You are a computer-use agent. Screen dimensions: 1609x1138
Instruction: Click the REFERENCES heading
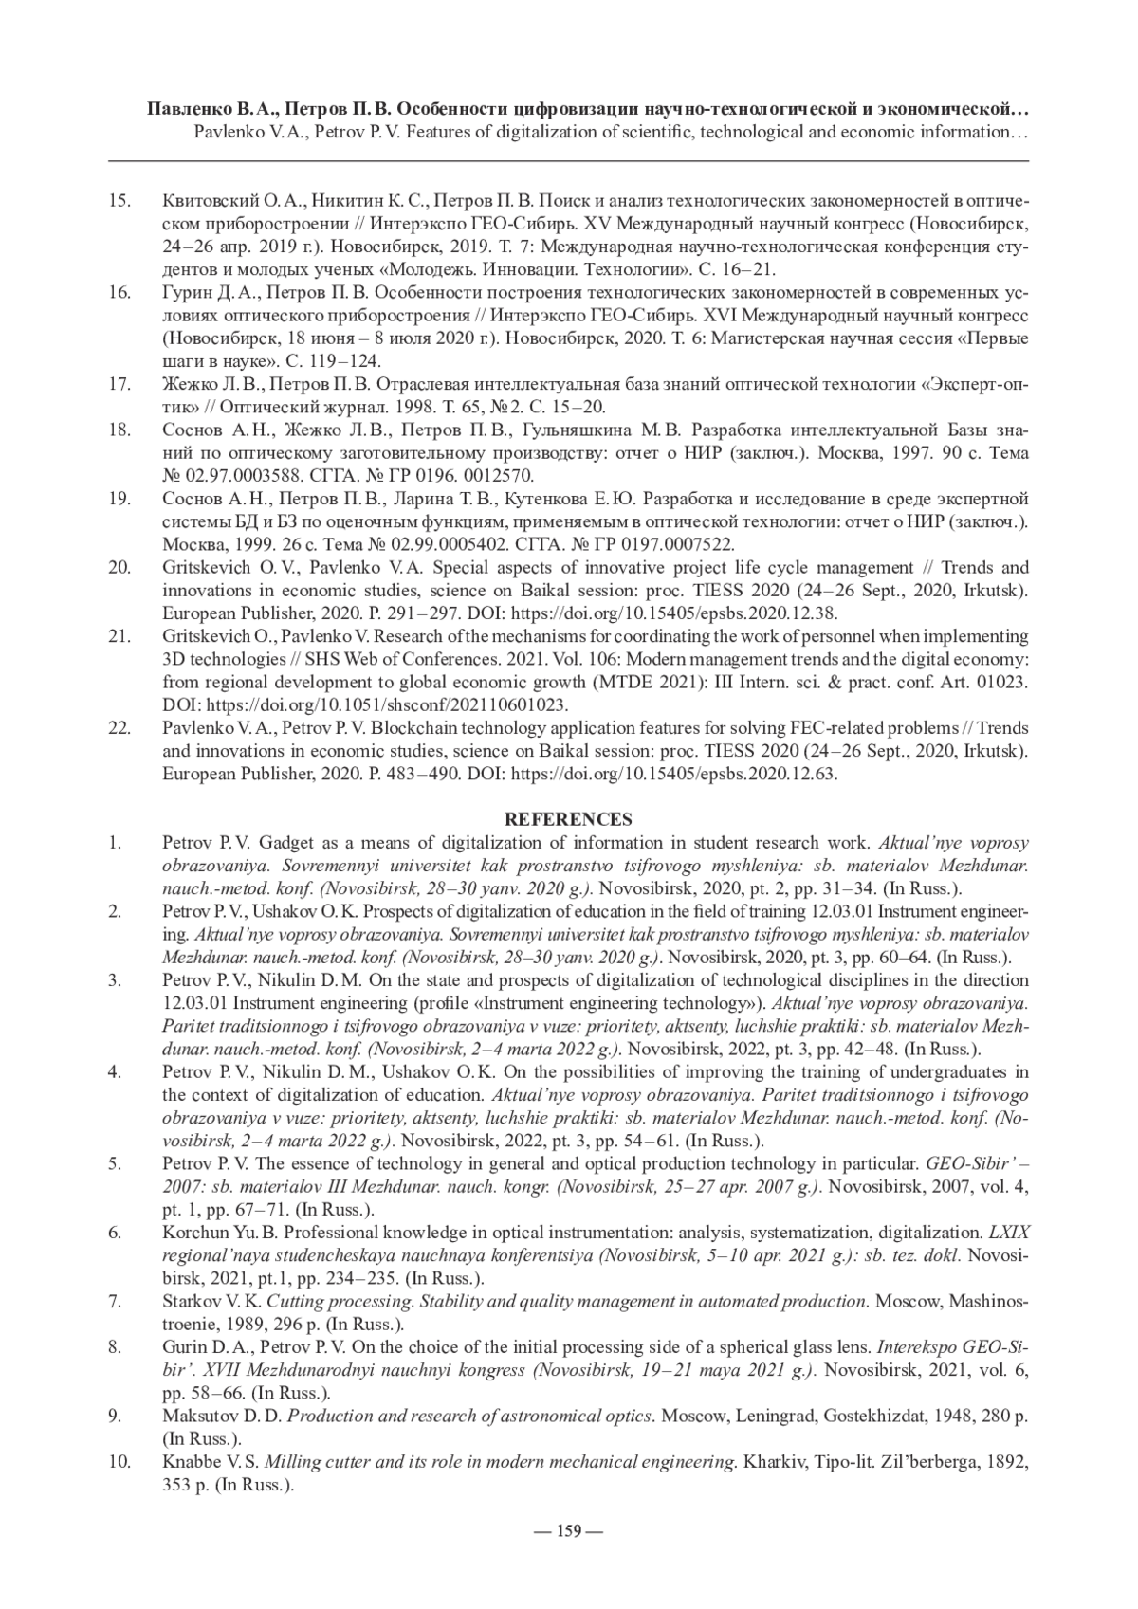click(568, 819)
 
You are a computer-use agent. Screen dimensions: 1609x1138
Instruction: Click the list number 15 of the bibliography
click(120, 202)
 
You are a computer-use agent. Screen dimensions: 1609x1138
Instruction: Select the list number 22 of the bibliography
click(120, 728)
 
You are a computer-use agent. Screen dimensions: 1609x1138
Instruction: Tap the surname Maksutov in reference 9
click(198, 1417)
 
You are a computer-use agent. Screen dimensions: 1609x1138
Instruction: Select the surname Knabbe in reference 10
click(192, 1462)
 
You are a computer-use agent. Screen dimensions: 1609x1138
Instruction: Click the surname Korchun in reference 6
click(193, 1233)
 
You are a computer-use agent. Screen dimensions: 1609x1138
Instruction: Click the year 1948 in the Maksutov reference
click(953, 1417)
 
